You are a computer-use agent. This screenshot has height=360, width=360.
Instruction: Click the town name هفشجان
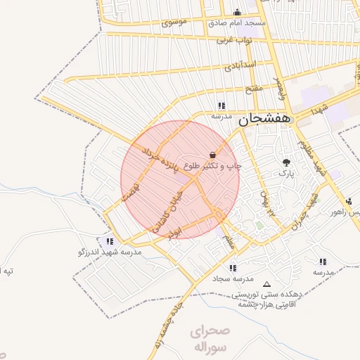point(264,120)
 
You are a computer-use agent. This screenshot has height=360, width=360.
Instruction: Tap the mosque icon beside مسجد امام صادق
point(237,12)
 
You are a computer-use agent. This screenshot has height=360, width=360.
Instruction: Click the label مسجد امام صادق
point(236,23)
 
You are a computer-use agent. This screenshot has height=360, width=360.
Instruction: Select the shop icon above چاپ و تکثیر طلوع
point(212,154)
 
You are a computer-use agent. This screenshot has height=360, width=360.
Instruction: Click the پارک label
point(285,172)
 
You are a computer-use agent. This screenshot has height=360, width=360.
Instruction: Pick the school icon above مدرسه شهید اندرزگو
point(109,240)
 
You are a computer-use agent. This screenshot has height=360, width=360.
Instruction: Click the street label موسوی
point(174,22)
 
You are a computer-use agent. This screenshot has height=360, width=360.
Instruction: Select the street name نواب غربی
point(233,40)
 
